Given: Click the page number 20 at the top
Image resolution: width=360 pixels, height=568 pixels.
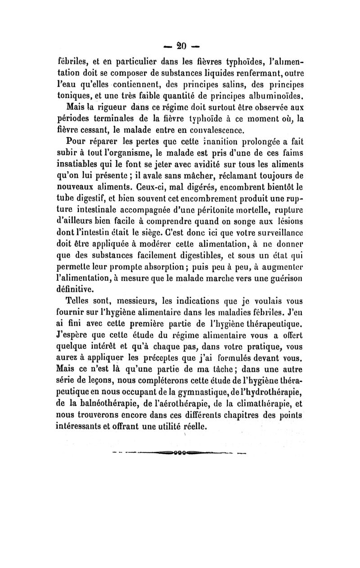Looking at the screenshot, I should coord(182,46).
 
